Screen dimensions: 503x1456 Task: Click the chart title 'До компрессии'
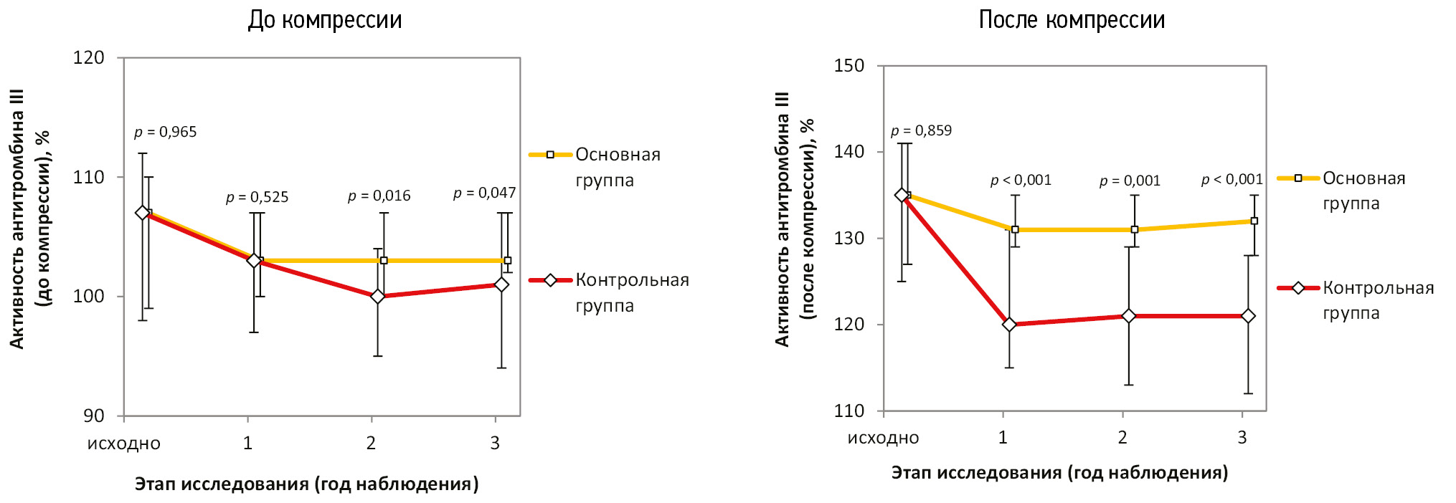(325, 19)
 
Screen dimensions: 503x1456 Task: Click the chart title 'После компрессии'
(1072, 19)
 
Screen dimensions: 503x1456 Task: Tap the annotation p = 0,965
(165, 132)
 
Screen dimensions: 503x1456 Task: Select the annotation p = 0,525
(257, 197)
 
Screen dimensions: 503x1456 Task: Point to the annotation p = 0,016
(379, 196)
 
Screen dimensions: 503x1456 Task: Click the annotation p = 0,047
(484, 193)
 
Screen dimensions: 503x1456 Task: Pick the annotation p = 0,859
(921, 130)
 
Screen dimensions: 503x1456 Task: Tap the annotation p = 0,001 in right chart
(1130, 181)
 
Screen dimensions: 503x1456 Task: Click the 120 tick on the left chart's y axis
(88, 57)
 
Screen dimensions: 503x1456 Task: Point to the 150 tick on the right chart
(849, 65)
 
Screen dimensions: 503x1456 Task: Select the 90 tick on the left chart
(93, 416)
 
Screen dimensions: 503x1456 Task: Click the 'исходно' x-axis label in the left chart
(124, 444)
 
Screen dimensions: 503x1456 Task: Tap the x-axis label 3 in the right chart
(1242, 438)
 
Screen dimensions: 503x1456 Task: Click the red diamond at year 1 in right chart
(1009, 325)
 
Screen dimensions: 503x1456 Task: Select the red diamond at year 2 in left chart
(377, 296)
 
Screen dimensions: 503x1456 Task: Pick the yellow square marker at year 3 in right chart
(1254, 221)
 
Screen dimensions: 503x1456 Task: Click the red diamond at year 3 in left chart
(501, 284)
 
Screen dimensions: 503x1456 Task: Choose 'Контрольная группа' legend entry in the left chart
(631, 292)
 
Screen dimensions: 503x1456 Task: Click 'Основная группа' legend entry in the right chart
(1363, 191)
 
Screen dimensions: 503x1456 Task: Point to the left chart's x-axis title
(306, 484)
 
